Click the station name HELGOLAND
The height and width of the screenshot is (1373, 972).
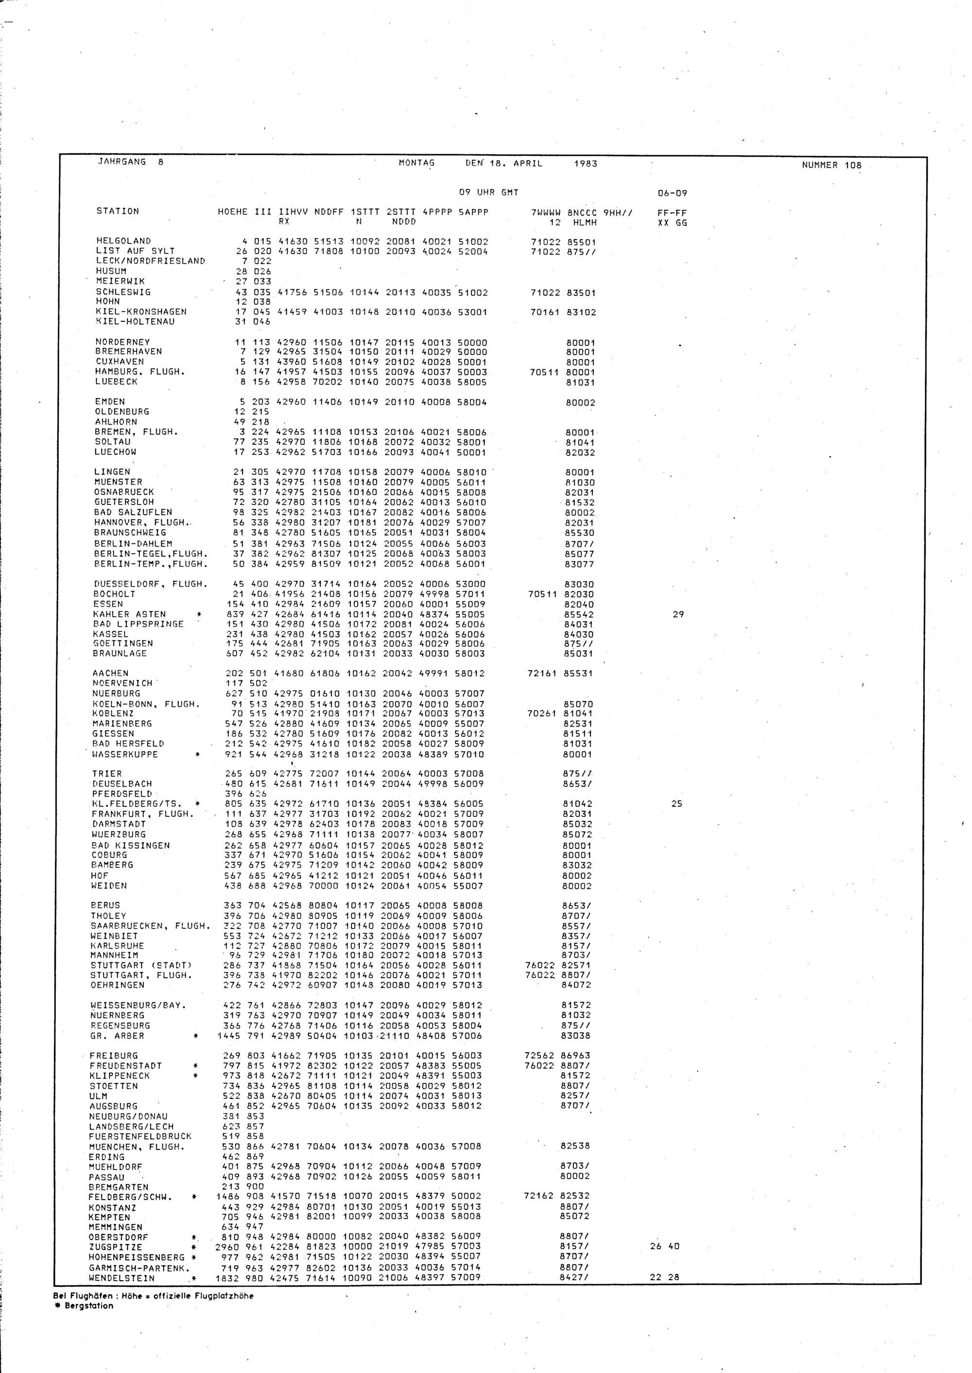(x=123, y=241)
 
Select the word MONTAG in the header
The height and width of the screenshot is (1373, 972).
(x=417, y=163)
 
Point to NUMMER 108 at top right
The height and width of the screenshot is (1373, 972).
(x=832, y=166)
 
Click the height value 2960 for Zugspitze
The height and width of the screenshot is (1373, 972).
(x=227, y=1247)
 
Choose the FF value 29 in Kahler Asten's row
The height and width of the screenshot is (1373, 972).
(x=677, y=614)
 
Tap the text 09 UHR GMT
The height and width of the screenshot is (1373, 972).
(x=488, y=193)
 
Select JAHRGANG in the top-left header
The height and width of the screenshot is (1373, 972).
(x=121, y=161)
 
